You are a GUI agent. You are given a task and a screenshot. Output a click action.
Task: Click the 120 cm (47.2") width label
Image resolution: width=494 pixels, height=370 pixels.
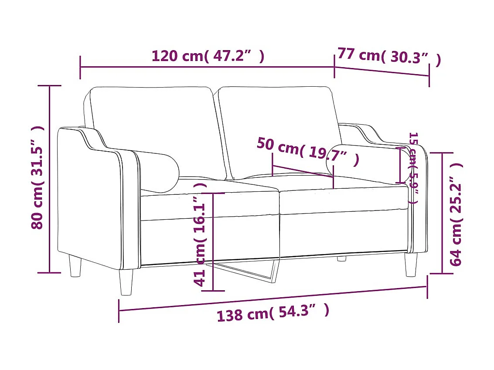[208, 56]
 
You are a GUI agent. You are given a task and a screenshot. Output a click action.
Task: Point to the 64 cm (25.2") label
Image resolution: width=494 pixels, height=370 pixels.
[456, 214]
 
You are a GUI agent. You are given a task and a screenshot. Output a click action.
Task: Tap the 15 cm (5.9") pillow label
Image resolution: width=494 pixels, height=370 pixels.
[413, 168]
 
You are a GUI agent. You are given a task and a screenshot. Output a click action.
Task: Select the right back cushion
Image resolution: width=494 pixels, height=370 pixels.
[279, 126]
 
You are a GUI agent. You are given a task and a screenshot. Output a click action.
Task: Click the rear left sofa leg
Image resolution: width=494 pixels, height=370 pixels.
[75, 266]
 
